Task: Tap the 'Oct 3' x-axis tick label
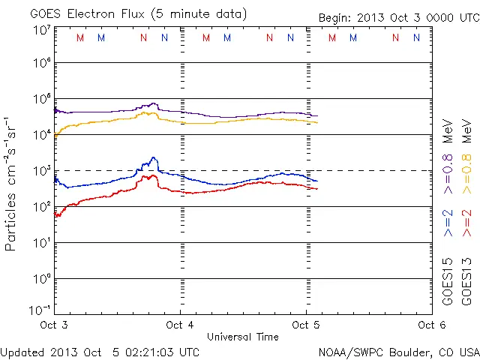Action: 54,325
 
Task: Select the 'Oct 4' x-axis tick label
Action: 180,325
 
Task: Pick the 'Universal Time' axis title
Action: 242,337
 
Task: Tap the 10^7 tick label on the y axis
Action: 41,30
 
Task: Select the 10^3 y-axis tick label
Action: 41,171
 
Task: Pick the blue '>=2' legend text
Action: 448,223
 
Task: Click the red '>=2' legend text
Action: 466,223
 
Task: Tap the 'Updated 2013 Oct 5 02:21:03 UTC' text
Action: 100,352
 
